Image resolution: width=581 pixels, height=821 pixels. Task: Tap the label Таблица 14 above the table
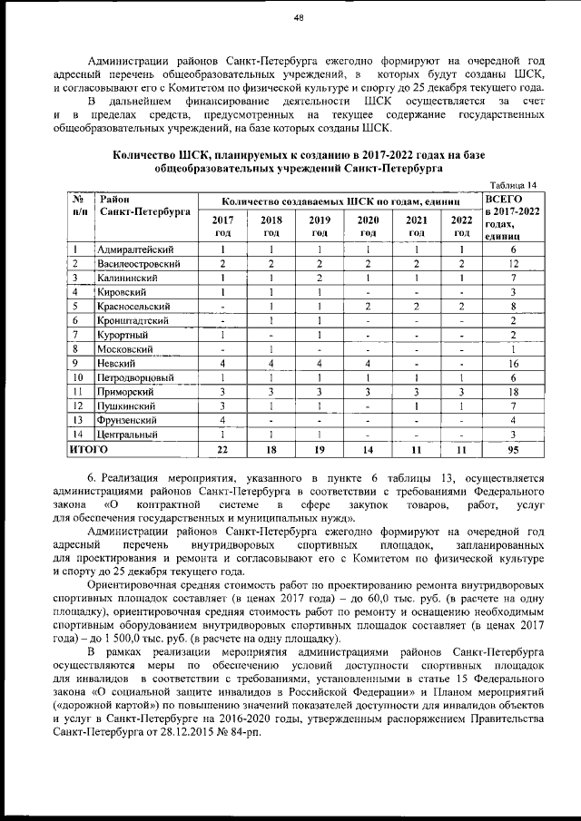tap(513, 184)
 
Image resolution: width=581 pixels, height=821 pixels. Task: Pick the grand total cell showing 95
tap(513, 449)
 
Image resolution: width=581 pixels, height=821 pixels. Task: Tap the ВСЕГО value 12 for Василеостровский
tap(513, 263)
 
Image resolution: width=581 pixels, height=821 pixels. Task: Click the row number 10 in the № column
tap(79, 377)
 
